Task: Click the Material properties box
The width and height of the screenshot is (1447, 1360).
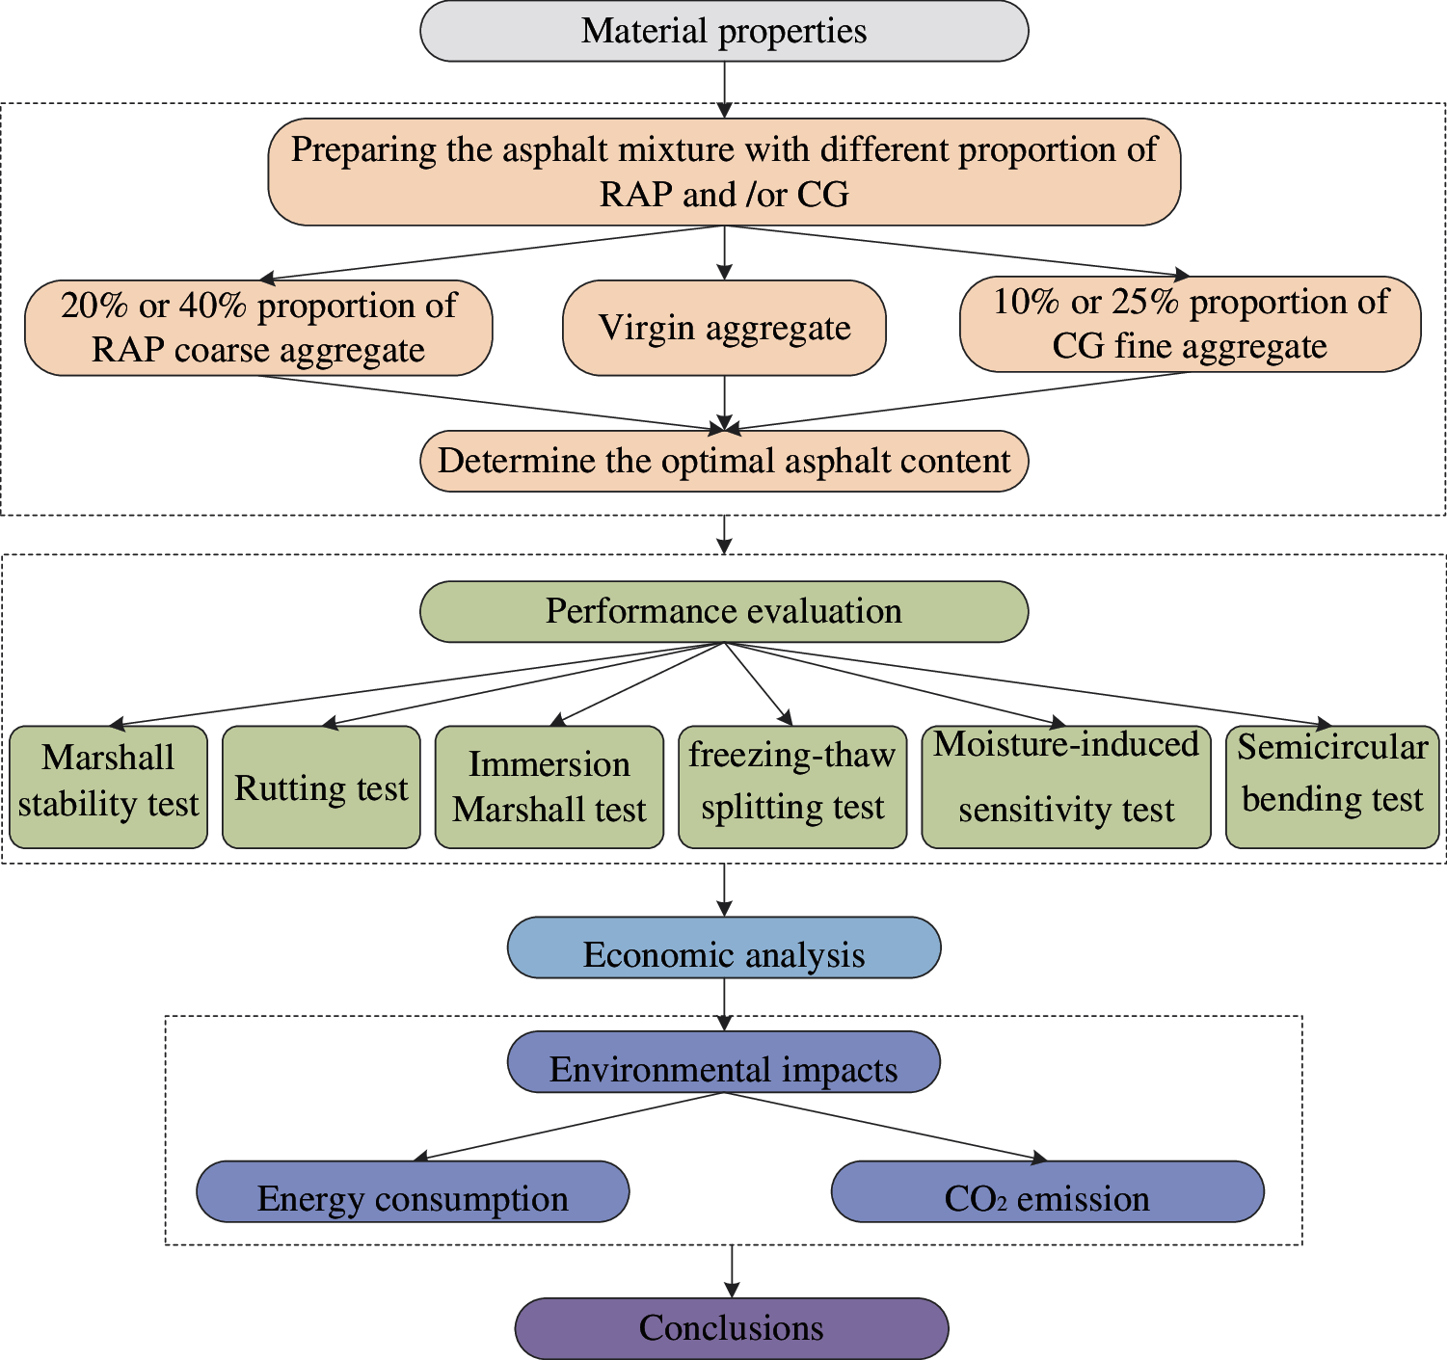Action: [723, 31]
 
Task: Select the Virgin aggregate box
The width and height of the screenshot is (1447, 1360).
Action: [723, 328]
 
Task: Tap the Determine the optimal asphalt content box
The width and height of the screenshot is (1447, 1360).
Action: [723, 462]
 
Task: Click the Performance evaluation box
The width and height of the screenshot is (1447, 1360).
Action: [723, 611]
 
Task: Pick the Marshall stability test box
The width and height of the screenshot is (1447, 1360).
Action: [108, 787]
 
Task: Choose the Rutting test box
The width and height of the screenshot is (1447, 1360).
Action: [321, 787]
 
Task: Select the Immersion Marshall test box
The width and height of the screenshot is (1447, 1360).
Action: [549, 787]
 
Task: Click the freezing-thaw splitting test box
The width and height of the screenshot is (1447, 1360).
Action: [792, 787]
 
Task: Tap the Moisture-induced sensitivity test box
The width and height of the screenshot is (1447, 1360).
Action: [1066, 787]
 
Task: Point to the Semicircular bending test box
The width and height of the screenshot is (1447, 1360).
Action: [1332, 787]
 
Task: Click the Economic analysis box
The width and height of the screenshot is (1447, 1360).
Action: [723, 947]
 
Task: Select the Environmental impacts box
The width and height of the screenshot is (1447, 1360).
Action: [723, 1062]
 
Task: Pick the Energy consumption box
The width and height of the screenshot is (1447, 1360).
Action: [413, 1191]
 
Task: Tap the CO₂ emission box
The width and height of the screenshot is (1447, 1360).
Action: [1048, 1191]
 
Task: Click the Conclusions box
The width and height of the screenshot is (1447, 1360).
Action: [732, 1328]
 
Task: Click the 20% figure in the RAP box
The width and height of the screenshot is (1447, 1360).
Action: [94, 306]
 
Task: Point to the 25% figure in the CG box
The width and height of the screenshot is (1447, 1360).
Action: [1147, 302]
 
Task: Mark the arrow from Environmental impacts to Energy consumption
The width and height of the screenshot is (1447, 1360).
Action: [569, 1127]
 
